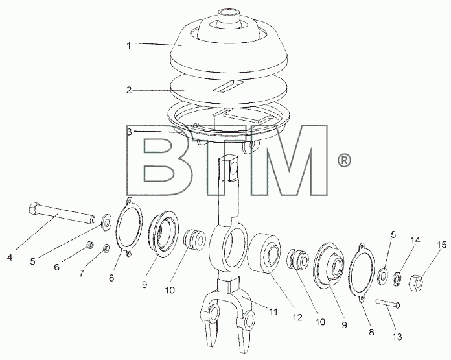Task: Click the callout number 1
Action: (129, 45)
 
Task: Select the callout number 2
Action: (129, 90)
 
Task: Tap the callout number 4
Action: (10, 257)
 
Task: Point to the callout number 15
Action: (443, 245)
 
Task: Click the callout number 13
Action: (397, 337)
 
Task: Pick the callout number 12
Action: (297, 317)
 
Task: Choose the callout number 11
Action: (273, 311)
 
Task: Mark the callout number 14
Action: (415, 240)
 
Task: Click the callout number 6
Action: (57, 267)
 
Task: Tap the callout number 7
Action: (82, 272)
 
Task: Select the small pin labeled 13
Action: (387, 304)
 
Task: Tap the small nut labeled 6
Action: (90, 245)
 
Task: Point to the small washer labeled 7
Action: (106, 248)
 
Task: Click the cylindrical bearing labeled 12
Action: (264, 253)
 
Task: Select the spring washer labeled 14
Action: (397, 279)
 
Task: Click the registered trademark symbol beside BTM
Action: (344, 161)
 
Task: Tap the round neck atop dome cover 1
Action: (228, 18)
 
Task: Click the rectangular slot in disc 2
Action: (229, 87)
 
